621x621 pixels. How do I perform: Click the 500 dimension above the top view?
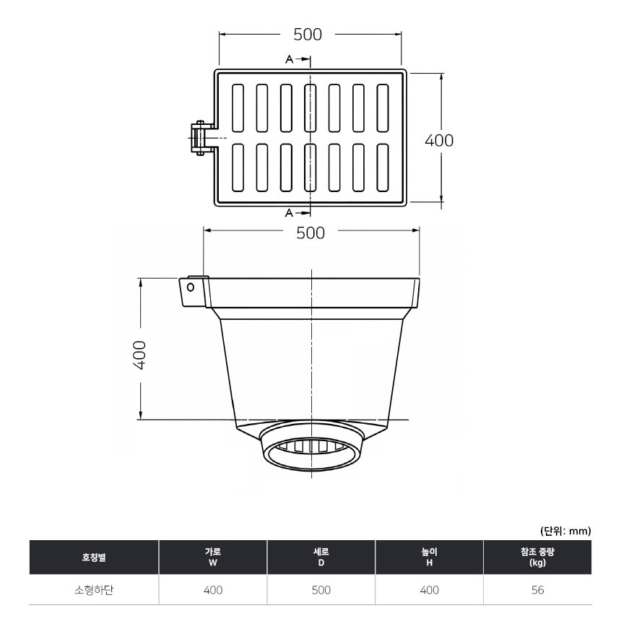point(308,35)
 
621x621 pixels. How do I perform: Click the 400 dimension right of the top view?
point(439,141)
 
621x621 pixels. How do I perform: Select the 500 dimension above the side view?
point(310,233)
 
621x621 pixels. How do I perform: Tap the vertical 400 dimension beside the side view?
point(140,355)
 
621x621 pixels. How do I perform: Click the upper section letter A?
point(290,59)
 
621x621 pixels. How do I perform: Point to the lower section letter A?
point(289,213)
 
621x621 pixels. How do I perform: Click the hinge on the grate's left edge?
point(202,137)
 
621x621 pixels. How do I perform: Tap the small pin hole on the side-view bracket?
point(191,287)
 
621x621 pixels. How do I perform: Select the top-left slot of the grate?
point(238,108)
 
